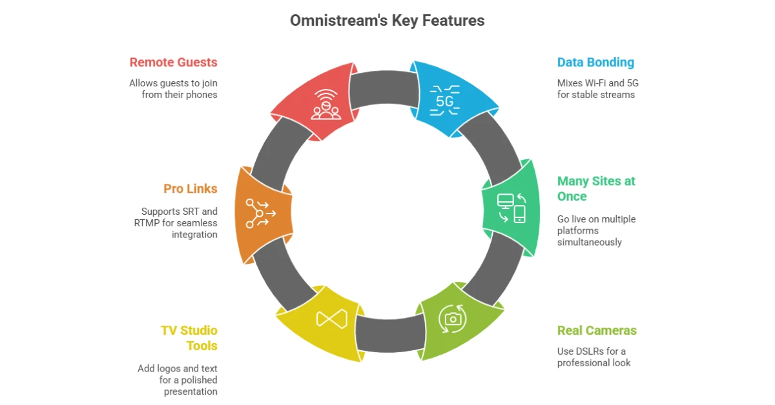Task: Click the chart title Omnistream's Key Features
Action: point(387,21)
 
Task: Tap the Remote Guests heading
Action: point(173,63)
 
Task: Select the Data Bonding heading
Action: point(595,63)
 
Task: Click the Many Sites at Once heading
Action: point(596,188)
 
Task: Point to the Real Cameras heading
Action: point(597,331)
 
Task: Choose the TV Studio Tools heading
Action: point(189,338)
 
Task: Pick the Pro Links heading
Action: point(190,189)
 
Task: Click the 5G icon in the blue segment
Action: point(444,100)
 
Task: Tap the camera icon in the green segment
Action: point(453,318)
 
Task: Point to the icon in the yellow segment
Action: point(331,319)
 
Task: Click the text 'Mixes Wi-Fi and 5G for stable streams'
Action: point(596,89)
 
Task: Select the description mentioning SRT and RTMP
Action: point(180,223)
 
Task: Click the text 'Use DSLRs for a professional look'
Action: point(594,357)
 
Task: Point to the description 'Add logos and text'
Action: point(178,380)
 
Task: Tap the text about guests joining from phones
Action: point(173,89)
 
